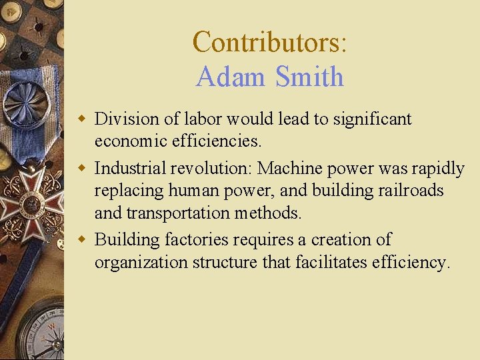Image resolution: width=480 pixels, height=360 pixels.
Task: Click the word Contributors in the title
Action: (x=266, y=42)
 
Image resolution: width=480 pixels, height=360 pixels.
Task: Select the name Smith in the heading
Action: (x=309, y=77)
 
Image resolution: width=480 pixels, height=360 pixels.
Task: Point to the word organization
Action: (x=141, y=262)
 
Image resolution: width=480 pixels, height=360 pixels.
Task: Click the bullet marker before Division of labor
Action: (x=82, y=119)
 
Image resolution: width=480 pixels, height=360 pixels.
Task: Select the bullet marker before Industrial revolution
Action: (x=82, y=169)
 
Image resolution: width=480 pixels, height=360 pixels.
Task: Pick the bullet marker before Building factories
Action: (x=82, y=239)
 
